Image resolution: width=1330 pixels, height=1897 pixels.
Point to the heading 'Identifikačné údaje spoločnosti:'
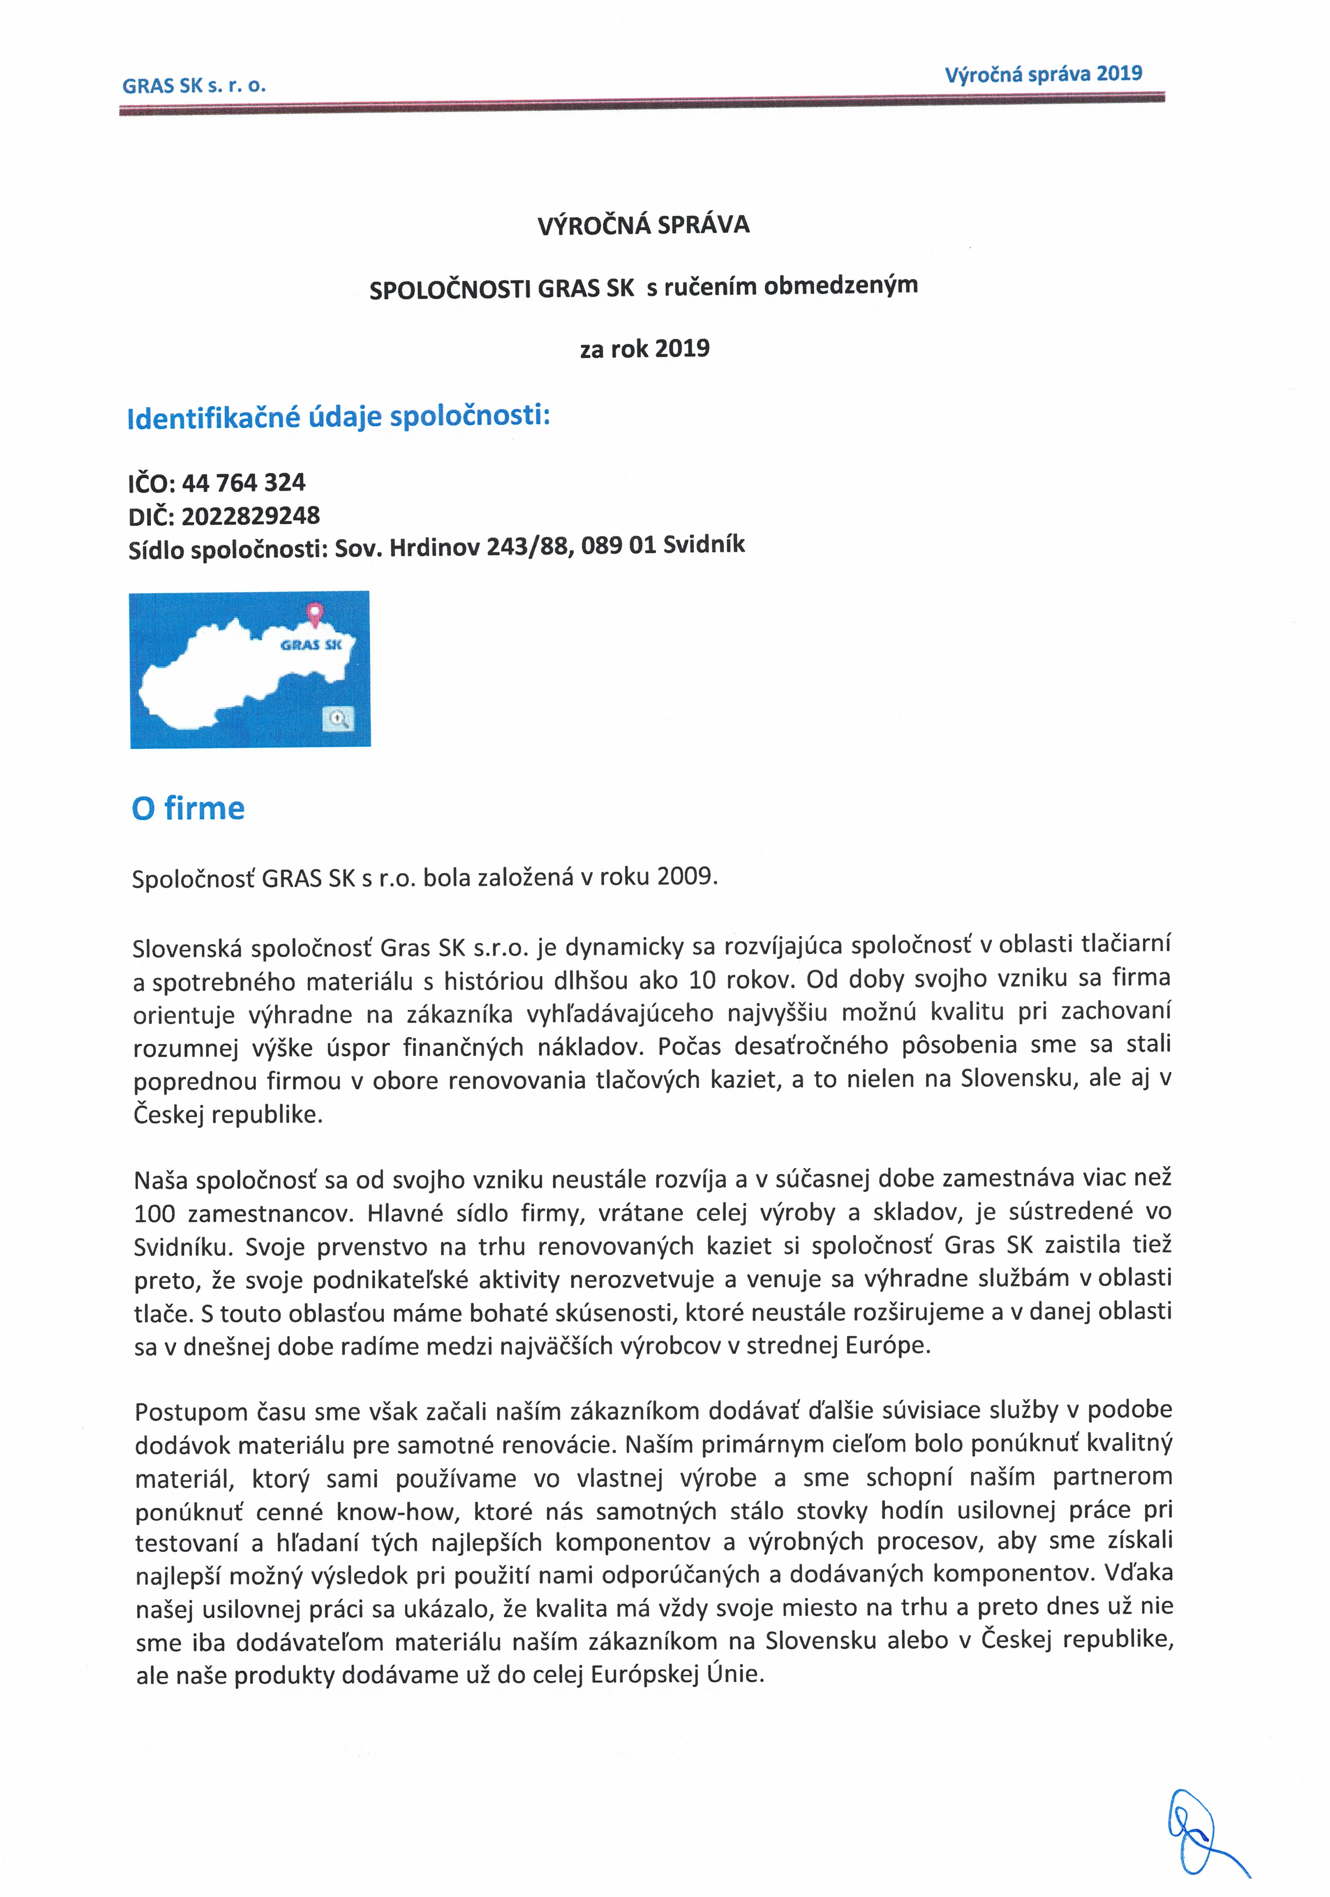(x=339, y=416)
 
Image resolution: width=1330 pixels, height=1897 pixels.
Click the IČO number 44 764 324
(x=244, y=482)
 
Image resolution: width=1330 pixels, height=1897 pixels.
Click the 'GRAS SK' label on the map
(x=310, y=644)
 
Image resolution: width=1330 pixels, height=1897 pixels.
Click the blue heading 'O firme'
(x=188, y=808)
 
